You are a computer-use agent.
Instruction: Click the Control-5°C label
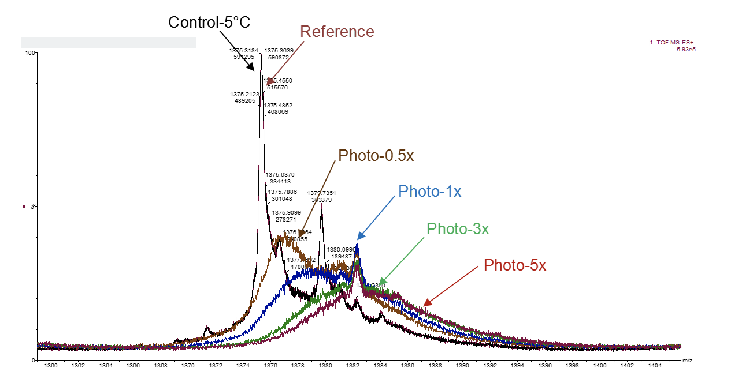point(209,22)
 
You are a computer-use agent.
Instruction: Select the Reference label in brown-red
point(337,32)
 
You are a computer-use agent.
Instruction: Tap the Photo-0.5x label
point(376,156)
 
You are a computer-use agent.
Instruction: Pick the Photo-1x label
point(429,192)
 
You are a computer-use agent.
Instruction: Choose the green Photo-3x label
point(458,229)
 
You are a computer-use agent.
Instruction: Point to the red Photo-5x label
point(515,265)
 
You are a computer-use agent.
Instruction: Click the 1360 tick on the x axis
point(51,366)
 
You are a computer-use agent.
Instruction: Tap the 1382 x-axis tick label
point(353,366)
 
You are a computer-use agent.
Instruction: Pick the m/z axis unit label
point(687,361)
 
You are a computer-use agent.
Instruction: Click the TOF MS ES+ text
point(674,42)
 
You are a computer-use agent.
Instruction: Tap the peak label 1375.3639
point(279,51)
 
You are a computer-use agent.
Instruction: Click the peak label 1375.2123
point(244,94)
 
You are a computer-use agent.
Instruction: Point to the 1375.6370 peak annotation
point(280,175)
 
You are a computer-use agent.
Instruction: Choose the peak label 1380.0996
point(341,250)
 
